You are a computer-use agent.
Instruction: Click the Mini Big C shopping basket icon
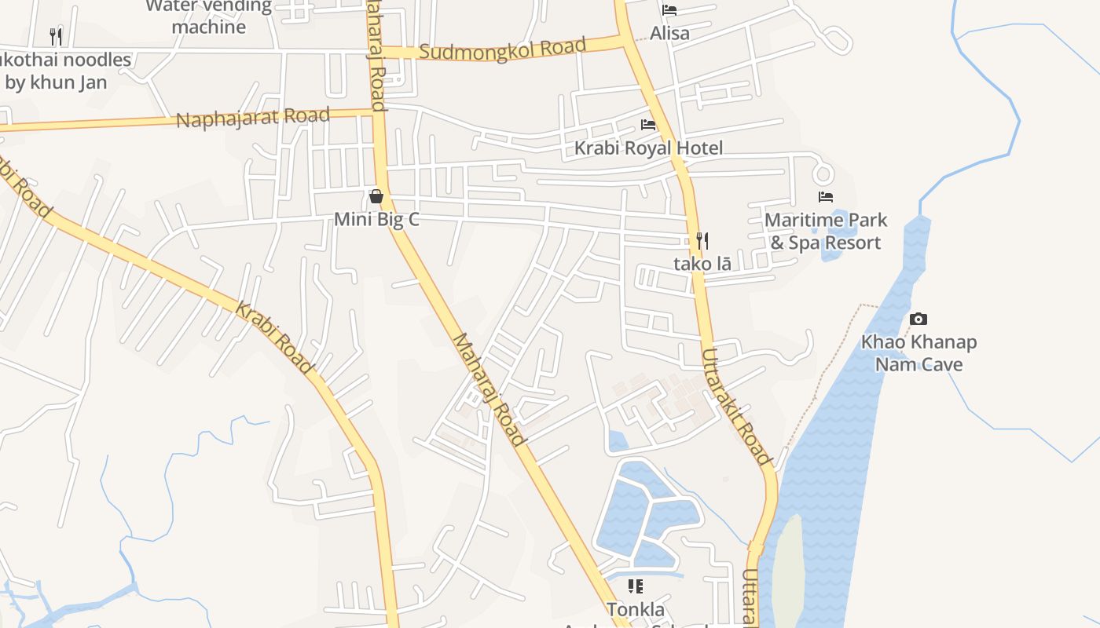point(376,196)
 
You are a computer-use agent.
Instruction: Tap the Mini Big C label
point(376,219)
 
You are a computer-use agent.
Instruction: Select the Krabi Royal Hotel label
point(648,148)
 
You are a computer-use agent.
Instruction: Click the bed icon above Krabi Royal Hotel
point(648,125)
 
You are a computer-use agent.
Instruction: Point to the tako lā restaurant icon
point(702,240)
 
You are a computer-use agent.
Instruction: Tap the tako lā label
point(702,264)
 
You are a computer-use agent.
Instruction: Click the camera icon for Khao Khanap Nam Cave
point(918,319)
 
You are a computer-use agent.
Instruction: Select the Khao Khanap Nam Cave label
point(918,353)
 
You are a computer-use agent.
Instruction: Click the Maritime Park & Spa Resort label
point(826,232)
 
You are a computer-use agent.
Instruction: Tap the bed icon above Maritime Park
point(825,197)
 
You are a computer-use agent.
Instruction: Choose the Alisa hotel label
point(669,33)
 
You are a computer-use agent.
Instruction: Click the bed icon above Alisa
point(669,10)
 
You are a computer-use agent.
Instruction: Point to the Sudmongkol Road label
point(503,49)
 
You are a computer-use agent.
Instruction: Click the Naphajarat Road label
point(253,119)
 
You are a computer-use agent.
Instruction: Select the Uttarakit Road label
point(736,406)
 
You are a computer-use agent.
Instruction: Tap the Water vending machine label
point(209,16)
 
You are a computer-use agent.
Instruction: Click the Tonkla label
point(635,609)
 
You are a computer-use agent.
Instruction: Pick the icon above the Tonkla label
point(636,586)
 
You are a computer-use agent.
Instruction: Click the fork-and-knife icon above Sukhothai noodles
point(55,36)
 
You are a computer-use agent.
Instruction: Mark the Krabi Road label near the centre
point(273,338)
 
